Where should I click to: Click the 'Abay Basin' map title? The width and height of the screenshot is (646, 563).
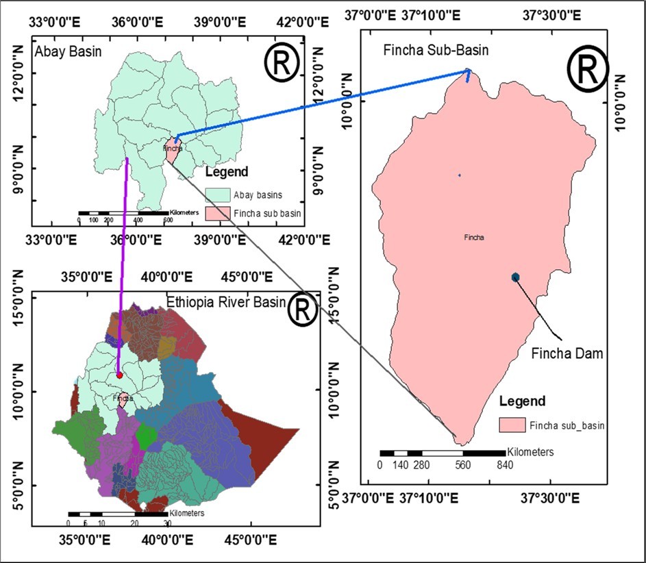[63, 51]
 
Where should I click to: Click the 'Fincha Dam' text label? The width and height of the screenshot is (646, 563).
[567, 354]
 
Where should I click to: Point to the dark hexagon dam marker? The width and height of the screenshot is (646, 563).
[516, 277]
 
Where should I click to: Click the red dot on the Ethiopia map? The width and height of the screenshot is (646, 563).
[119, 375]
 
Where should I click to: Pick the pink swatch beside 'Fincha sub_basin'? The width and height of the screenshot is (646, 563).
[512, 426]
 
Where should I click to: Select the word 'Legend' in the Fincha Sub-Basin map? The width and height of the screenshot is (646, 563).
[522, 401]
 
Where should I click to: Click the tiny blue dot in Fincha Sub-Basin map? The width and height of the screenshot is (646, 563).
[460, 175]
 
